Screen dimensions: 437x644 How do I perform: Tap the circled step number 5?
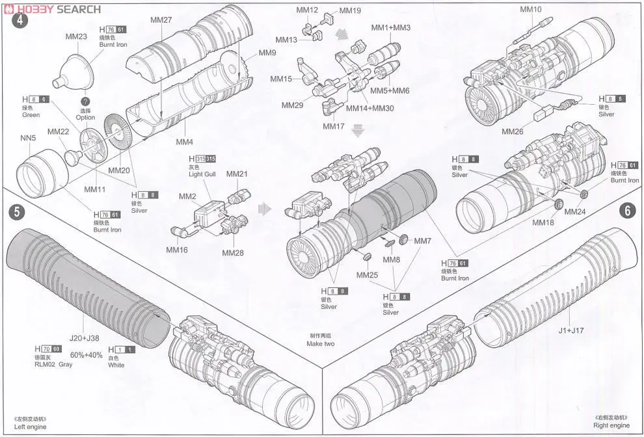click(17, 211)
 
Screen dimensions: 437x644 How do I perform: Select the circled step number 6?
click(628, 211)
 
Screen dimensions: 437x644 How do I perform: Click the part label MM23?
click(76, 37)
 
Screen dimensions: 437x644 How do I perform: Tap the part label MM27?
click(161, 20)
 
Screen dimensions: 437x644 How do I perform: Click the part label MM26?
click(513, 131)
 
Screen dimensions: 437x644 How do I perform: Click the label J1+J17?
click(571, 330)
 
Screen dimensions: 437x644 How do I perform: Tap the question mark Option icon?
click(85, 101)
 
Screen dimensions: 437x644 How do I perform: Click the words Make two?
click(320, 343)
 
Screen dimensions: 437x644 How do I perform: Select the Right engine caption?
click(611, 425)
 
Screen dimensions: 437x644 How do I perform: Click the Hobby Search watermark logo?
click(52, 8)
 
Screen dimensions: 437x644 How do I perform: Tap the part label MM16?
click(176, 249)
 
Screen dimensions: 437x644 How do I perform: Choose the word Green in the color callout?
click(31, 115)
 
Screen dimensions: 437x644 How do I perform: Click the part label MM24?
click(574, 211)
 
